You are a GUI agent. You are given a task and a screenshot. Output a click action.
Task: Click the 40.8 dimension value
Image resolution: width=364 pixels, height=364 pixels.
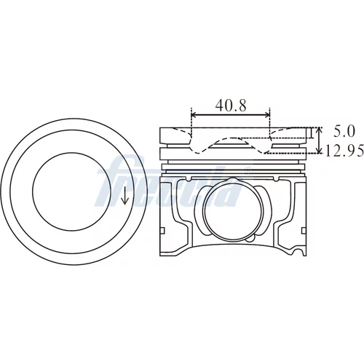click(x=231, y=106)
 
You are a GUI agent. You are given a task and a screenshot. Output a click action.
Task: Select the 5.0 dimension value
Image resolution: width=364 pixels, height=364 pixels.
click(x=344, y=132)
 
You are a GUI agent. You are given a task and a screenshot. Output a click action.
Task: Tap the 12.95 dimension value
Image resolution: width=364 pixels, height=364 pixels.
click(x=344, y=151)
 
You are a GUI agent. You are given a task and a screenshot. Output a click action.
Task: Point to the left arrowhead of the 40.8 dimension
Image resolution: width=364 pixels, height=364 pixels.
click(x=194, y=115)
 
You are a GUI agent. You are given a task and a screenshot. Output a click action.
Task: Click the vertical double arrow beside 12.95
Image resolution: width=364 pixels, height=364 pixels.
click(x=320, y=141)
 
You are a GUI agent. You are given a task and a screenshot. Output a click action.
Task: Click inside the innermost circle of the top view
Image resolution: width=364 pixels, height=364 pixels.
click(x=71, y=191)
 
